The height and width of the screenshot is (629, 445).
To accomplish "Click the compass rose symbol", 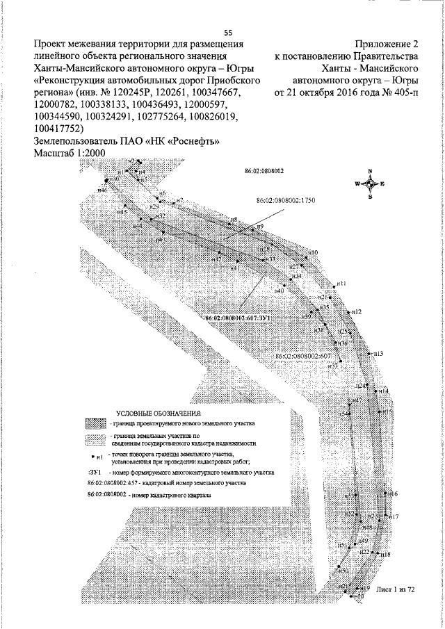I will click(x=371, y=183).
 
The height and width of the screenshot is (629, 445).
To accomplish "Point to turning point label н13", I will click(x=379, y=354).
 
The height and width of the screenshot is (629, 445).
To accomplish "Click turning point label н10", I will click(x=313, y=252).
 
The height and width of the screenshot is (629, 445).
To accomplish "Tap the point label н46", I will click(x=102, y=190).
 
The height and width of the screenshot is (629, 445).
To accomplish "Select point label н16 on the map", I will click(x=393, y=494).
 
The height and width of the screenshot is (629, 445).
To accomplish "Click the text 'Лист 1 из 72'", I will click(x=394, y=589).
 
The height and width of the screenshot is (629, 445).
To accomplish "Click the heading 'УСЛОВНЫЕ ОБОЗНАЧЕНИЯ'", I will click(x=157, y=414).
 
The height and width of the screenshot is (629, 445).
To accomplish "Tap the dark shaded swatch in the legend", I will click(x=97, y=423).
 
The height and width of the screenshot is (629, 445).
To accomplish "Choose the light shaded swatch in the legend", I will click(x=97, y=439).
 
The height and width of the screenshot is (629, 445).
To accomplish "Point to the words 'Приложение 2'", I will click(x=387, y=44).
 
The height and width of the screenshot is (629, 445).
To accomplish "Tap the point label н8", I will click(x=234, y=220).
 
